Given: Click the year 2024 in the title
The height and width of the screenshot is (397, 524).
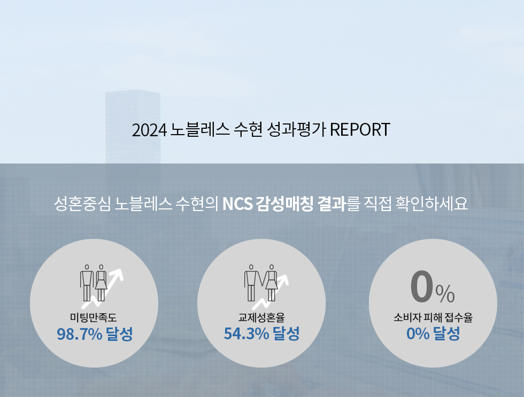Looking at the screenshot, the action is click(149, 130).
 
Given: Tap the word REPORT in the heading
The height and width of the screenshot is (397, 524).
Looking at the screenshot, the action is click(360, 129).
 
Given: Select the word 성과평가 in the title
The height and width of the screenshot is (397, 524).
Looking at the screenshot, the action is click(297, 129).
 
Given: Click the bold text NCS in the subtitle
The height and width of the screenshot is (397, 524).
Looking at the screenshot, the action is click(237, 204).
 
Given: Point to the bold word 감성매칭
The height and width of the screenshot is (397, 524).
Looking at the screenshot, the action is click(284, 204).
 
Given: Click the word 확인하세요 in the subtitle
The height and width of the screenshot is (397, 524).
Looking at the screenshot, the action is click(431, 204).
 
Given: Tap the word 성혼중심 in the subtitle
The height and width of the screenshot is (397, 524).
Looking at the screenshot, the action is click(82, 204).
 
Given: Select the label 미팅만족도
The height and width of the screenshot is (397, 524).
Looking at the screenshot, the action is click(93, 317).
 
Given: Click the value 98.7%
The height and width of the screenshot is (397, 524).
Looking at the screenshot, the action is click(80, 334).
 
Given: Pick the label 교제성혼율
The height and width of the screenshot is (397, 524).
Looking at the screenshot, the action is click(261, 317).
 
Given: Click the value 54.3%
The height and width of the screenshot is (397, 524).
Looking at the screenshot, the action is click(246, 334).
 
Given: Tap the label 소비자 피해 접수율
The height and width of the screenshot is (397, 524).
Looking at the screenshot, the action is click(433, 317).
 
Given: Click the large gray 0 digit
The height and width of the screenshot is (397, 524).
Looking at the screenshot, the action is click(422, 286).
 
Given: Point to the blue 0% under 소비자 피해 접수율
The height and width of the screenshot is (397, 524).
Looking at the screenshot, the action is click(418, 334).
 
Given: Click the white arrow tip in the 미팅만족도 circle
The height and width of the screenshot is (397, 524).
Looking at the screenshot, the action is click(120, 271).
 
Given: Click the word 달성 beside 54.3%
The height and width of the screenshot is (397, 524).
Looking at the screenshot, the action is click(286, 334).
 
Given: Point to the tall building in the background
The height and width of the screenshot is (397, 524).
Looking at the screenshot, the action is click(133, 127).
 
